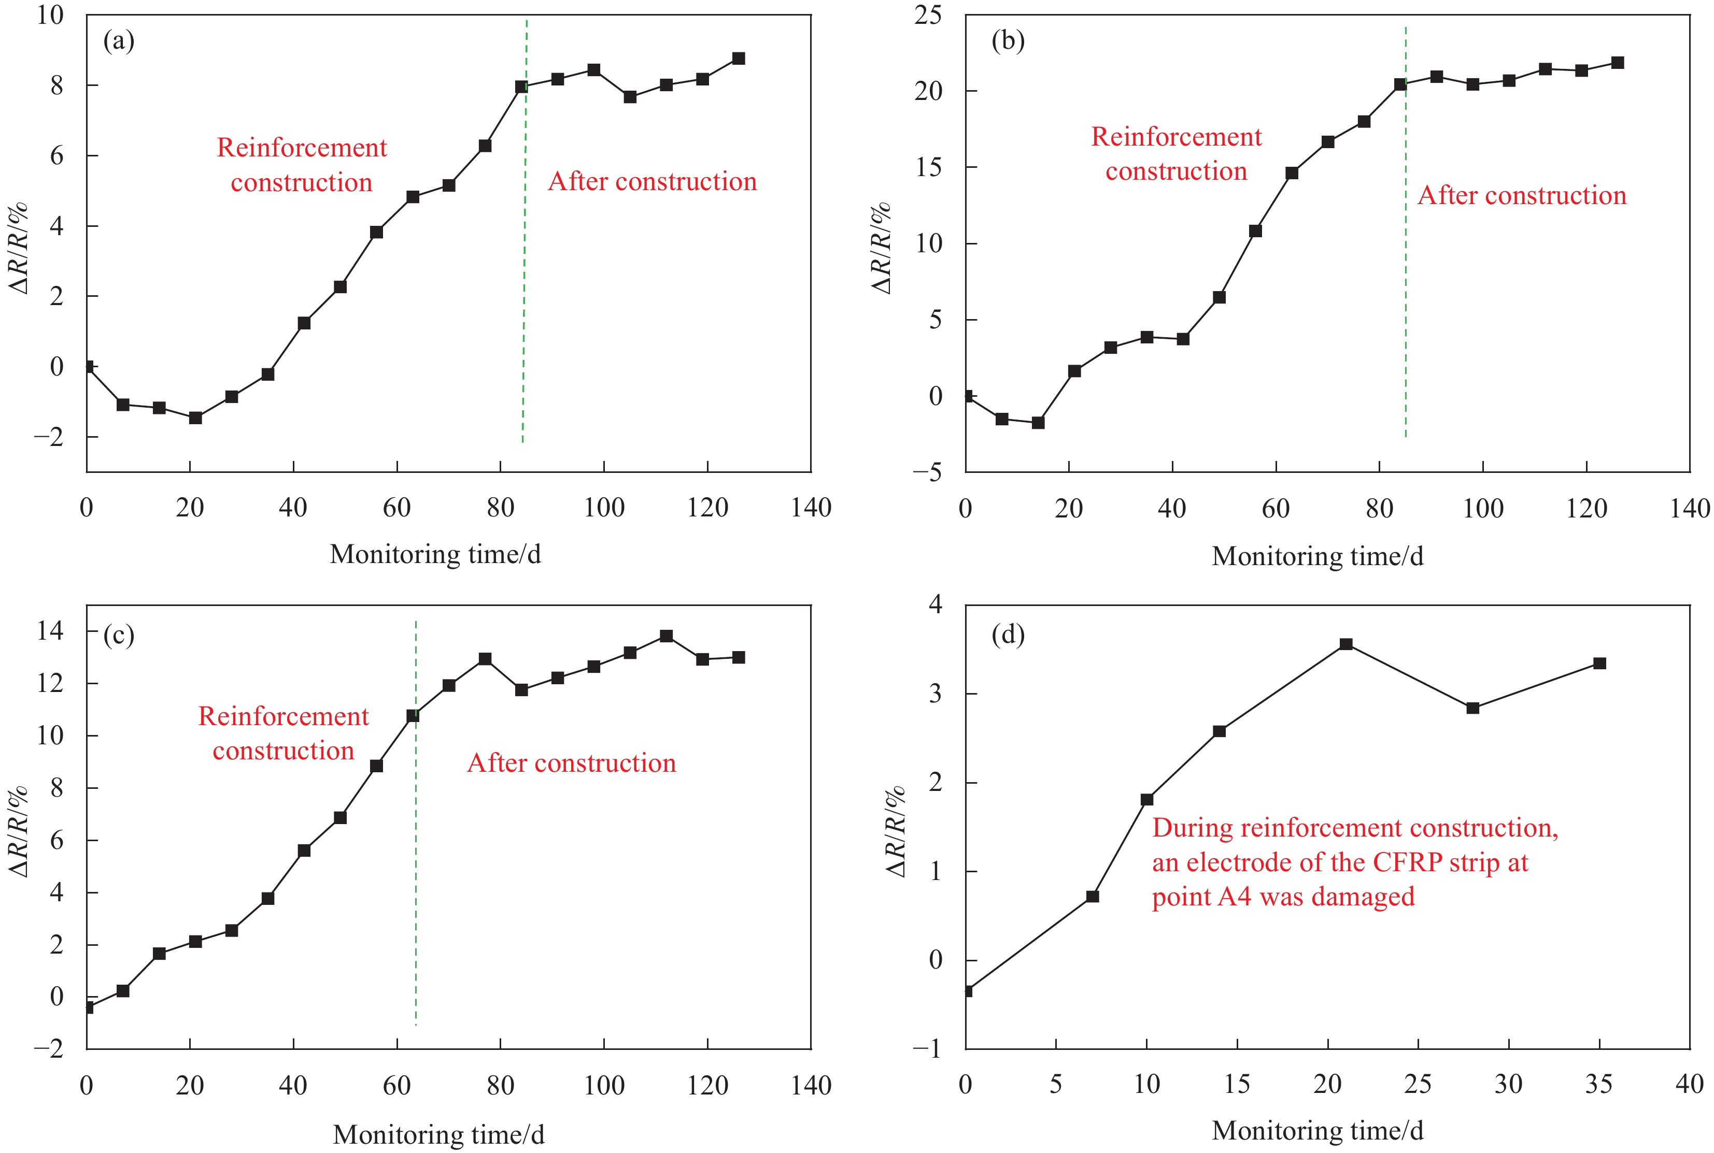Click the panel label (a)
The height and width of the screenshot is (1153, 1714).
point(119,41)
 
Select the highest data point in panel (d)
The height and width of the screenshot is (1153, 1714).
point(1346,644)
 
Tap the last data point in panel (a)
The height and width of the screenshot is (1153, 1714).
point(739,58)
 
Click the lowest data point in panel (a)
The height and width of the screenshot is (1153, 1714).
point(195,417)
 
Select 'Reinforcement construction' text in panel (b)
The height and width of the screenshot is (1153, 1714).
point(1176,154)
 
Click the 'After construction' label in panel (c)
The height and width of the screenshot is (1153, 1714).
point(572,763)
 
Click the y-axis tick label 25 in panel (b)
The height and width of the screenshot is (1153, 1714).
point(928,15)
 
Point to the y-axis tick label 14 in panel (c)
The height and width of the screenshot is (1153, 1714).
point(51,630)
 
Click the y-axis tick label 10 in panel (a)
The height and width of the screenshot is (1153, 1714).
point(51,15)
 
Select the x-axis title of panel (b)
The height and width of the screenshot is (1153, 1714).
point(1318,556)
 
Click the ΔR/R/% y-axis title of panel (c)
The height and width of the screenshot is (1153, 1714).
point(18,831)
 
